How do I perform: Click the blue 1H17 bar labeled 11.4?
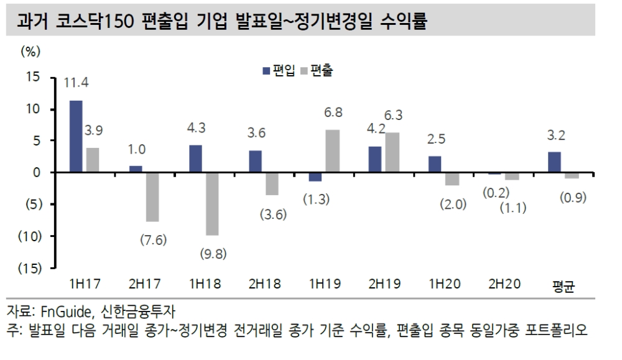(76, 136)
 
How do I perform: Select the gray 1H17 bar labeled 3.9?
(92, 160)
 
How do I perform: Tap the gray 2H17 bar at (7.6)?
(152, 196)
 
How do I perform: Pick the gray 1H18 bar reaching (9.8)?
(211, 203)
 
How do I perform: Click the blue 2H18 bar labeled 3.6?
(255, 161)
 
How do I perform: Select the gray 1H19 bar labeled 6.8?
(332, 151)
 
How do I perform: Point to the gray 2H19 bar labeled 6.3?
(392, 152)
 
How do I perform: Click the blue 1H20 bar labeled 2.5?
(435, 164)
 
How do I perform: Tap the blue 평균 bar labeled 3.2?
(555, 162)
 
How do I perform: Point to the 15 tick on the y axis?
(32, 78)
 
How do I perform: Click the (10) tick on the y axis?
(29, 236)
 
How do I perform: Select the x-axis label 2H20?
(504, 284)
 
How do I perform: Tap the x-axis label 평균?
(564, 285)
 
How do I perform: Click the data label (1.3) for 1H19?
(317, 200)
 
